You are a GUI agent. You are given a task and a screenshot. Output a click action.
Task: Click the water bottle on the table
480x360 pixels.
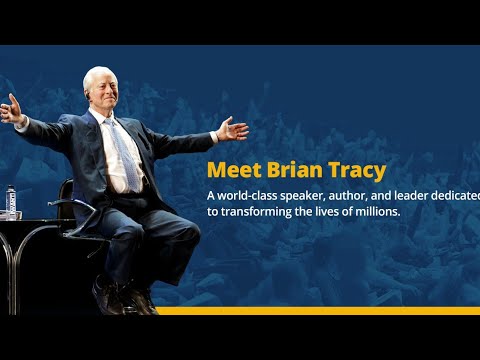click(12, 202)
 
